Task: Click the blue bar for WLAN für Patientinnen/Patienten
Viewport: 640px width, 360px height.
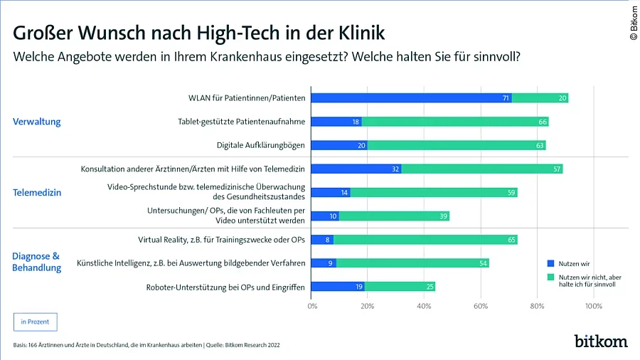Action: click(x=411, y=97)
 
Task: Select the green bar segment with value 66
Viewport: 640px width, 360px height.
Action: click(x=455, y=122)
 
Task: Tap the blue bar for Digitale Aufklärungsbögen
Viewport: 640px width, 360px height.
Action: click(x=339, y=145)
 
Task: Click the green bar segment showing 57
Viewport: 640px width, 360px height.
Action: click(x=481, y=169)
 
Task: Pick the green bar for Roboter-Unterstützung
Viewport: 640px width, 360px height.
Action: click(x=400, y=287)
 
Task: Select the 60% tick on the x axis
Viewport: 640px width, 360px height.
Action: click(x=481, y=306)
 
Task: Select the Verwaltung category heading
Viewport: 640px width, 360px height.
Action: click(x=37, y=122)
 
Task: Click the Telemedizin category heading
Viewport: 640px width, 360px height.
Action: click(x=37, y=192)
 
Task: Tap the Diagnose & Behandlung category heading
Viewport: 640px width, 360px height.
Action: click(x=37, y=261)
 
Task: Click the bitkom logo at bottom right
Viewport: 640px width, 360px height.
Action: click(x=601, y=341)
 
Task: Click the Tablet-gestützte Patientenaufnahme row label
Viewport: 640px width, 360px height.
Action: click(x=241, y=122)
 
